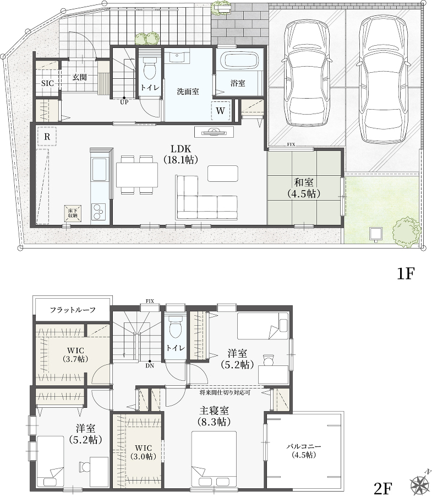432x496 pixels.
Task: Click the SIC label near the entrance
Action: [x=47, y=84]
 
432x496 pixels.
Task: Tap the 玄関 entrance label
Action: [x=80, y=77]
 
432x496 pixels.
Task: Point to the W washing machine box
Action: [x=221, y=111]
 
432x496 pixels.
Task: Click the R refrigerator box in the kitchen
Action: [x=47, y=137]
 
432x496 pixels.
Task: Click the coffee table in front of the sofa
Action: [x=223, y=174]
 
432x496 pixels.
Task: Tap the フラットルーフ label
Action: [x=73, y=310]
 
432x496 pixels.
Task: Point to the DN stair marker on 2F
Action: [x=150, y=364]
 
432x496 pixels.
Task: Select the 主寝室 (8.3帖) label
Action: [x=214, y=416]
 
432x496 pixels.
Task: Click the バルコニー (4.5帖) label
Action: [x=303, y=451]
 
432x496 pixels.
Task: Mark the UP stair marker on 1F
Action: [x=124, y=100]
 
